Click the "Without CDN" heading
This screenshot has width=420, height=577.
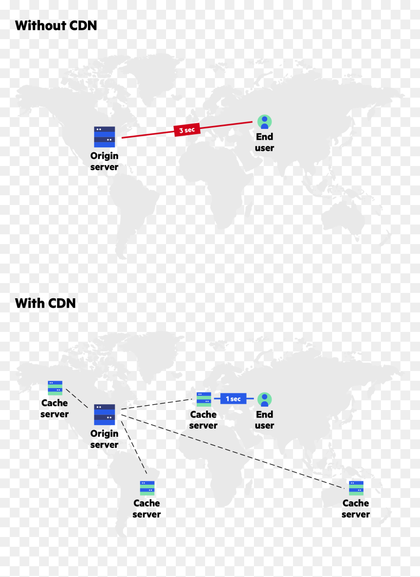point(56,25)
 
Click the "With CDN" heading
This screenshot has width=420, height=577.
point(45,303)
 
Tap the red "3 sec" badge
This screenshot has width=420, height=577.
point(187,129)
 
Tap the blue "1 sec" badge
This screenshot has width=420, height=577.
point(233,398)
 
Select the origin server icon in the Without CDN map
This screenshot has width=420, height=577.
point(105,137)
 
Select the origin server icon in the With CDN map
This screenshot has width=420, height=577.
point(105,415)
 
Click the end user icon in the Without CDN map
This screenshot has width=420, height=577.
point(264,122)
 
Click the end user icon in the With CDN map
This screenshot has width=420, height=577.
point(264,399)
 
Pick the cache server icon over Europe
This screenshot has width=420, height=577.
point(204,399)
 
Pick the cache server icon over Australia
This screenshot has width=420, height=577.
point(356,488)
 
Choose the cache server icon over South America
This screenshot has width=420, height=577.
point(147,488)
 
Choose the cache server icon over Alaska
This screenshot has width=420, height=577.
point(55,388)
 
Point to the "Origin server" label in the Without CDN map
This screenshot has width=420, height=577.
point(105,161)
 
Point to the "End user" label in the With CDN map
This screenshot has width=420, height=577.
point(264,420)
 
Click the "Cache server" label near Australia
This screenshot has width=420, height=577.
point(356,509)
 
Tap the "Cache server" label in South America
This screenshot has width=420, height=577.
point(147,509)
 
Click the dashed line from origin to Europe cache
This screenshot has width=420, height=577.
point(157,404)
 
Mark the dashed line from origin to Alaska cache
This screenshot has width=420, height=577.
point(77,398)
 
